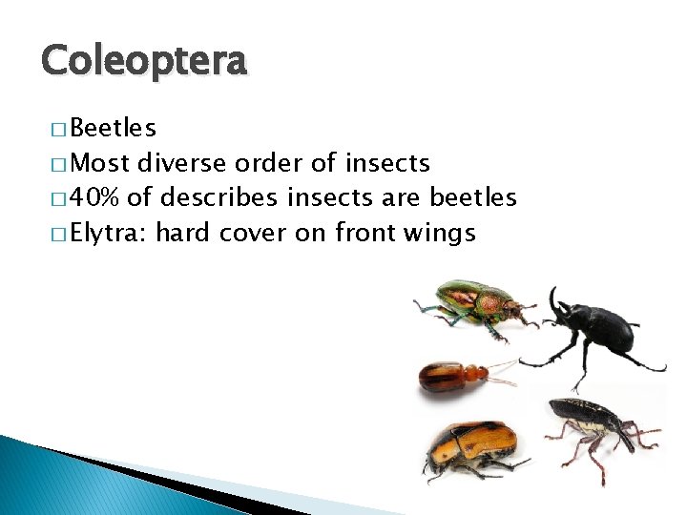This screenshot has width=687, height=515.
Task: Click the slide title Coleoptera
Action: click(144, 61)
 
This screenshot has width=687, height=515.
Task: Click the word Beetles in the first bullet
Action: click(114, 129)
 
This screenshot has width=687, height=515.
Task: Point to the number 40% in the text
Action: click(95, 198)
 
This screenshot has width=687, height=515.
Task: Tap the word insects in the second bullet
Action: click(388, 164)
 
